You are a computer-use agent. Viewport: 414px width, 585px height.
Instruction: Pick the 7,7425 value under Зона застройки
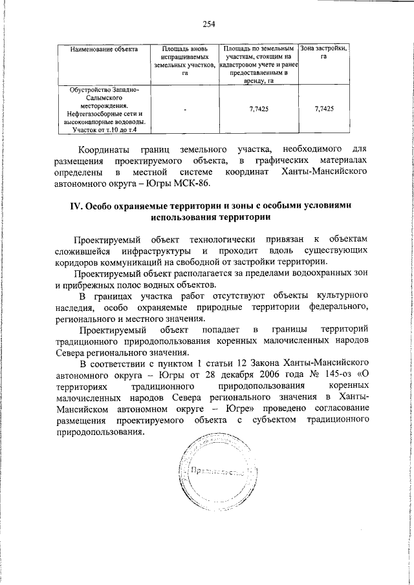[323, 110]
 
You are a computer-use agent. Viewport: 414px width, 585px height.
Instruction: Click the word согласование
[336, 409]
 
